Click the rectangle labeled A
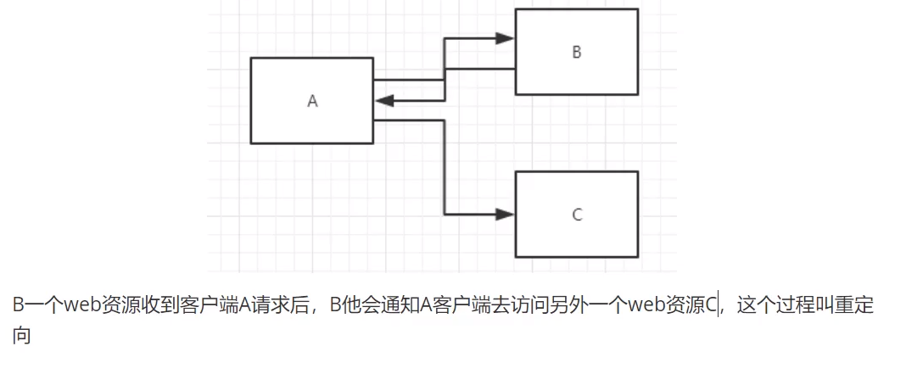[x=311, y=100]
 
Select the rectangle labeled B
[x=576, y=52]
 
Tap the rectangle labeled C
[x=576, y=214]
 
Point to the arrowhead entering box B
[x=506, y=38]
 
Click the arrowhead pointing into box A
[x=384, y=101]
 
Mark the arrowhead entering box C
[x=506, y=214]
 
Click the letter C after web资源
[x=712, y=306]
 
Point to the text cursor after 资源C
[x=720, y=306]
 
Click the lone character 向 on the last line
[x=22, y=336]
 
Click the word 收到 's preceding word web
[x=87, y=306]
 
